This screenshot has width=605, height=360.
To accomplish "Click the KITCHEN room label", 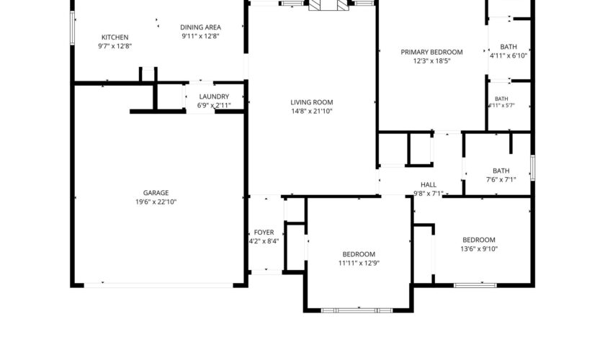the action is pyautogui.click(x=115, y=37).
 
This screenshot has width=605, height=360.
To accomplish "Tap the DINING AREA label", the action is pyautogui.click(x=201, y=27).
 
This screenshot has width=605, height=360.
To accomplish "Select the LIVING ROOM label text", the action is pyautogui.click(x=312, y=102).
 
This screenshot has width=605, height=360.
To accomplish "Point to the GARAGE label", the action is pyautogui.click(x=156, y=193).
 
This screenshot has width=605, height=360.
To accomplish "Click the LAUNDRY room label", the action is pyautogui.click(x=214, y=96).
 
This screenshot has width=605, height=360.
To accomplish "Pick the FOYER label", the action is pyautogui.click(x=264, y=233).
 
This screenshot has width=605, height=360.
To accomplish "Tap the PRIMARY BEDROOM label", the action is pyautogui.click(x=431, y=52).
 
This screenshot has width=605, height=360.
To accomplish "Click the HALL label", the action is pyautogui.click(x=429, y=185).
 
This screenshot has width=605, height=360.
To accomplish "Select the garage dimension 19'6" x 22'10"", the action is pyautogui.click(x=156, y=202).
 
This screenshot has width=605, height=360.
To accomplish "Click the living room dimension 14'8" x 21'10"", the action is pyautogui.click(x=312, y=112).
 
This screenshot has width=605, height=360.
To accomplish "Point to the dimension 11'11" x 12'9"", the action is pyautogui.click(x=359, y=263).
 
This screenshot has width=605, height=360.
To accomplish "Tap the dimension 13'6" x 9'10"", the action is pyautogui.click(x=479, y=249).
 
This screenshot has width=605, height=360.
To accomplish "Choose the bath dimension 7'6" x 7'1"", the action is pyautogui.click(x=501, y=179).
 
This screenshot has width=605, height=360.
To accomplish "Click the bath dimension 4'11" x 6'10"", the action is pyautogui.click(x=508, y=55).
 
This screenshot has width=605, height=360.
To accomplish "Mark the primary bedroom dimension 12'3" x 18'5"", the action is pyautogui.click(x=431, y=61).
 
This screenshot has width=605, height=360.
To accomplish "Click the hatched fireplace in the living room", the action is pyautogui.click(x=328, y=5).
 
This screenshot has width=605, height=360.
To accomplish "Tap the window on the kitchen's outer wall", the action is pyautogui.click(x=72, y=28).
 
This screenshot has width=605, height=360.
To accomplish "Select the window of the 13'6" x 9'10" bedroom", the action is pyautogui.click(x=475, y=286).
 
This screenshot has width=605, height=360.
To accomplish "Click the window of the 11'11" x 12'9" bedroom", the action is pyautogui.click(x=357, y=310).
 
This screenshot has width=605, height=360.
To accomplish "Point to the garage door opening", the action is pyautogui.click(x=158, y=286).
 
